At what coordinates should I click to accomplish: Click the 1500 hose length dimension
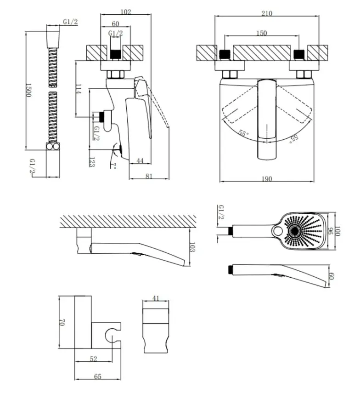click(x=28, y=90)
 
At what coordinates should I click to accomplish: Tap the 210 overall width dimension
click(x=267, y=13)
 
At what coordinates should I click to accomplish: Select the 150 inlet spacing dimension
click(x=262, y=33)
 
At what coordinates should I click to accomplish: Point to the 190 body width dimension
click(x=267, y=179)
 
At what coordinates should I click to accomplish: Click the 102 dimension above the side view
click(x=125, y=11)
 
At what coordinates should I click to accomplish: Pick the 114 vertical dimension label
click(x=79, y=89)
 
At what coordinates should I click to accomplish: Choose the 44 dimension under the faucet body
click(x=140, y=160)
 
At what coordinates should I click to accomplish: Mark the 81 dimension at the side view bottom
click(x=149, y=176)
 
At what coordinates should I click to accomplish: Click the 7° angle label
click(x=113, y=166)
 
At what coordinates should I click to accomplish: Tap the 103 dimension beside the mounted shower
click(x=192, y=247)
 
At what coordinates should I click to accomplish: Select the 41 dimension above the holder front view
click(x=156, y=298)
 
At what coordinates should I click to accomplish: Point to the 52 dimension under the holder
click(x=93, y=359)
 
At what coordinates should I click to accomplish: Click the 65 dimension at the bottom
click(x=98, y=376)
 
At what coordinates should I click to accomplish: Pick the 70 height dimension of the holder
click(x=62, y=322)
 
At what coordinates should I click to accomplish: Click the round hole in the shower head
click(x=278, y=231)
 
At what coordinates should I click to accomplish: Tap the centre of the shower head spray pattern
click(x=294, y=231)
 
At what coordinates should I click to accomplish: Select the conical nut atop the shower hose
click(x=53, y=39)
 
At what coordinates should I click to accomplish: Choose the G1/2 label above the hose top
click(x=70, y=22)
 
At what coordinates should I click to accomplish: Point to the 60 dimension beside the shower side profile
click(x=331, y=276)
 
